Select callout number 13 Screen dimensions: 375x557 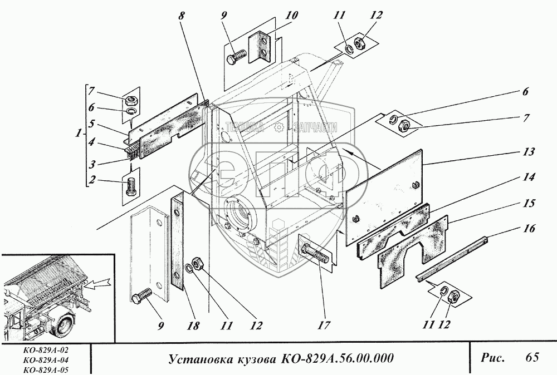[528, 151]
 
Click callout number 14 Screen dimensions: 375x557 [529, 179]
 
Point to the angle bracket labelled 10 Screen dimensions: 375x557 [260, 48]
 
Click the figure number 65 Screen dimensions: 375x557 [531, 357]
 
